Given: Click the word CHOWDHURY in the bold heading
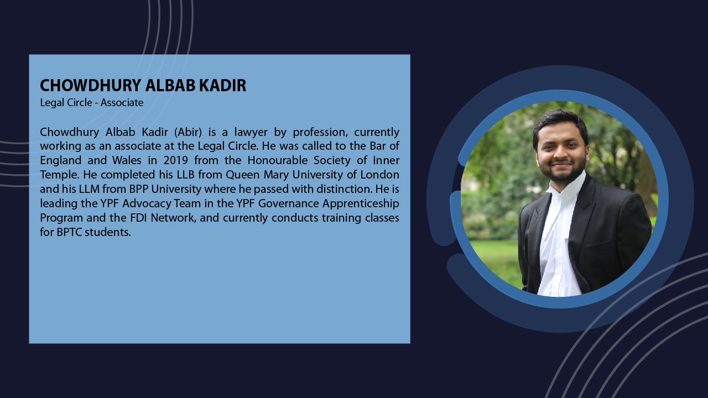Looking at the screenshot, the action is click(x=90, y=85).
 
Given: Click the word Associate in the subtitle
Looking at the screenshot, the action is click(x=122, y=103).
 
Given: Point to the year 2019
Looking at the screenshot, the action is click(x=175, y=160).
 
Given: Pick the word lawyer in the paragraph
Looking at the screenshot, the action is click(x=251, y=132).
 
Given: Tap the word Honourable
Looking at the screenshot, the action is click(x=278, y=160).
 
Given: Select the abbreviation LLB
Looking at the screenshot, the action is click(x=185, y=175).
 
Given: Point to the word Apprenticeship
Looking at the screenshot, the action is click(x=361, y=204).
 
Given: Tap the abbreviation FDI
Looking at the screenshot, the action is click(x=138, y=218).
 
